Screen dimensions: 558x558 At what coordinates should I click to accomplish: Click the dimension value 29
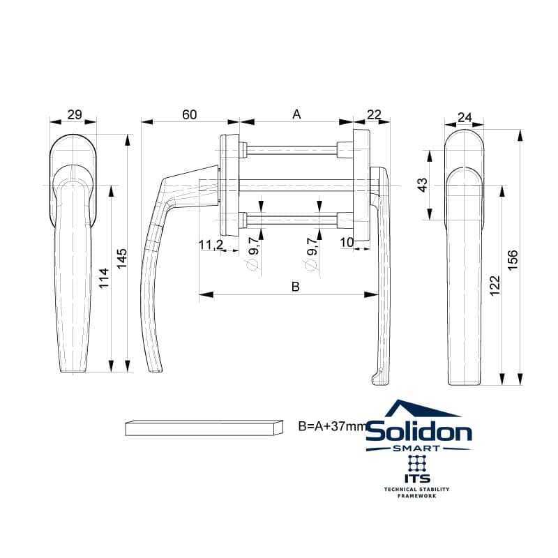[x=75, y=114]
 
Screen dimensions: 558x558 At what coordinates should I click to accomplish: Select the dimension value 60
[x=189, y=114]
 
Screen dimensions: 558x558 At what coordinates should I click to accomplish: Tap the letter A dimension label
[x=296, y=114]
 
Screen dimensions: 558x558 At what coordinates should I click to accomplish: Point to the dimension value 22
[x=374, y=114]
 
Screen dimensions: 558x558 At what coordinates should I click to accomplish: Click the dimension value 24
[x=465, y=117]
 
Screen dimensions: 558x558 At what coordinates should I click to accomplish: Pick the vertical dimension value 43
[x=422, y=185]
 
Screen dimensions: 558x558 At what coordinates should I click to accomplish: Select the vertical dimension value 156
[x=512, y=260]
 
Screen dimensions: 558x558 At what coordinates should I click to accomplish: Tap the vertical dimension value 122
[x=495, y=285]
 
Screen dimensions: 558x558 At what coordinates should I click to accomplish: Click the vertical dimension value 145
[x=121, y=259]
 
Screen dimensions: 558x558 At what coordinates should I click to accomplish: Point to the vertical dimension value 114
[x=103, y=278]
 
